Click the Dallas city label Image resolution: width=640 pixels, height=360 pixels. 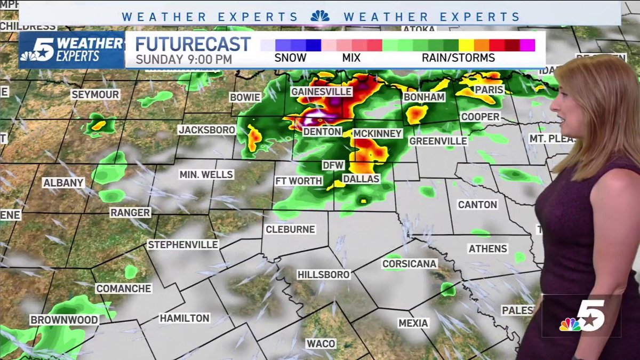click(x=361, y=179)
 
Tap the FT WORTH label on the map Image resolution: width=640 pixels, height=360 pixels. click(x=299, y=181)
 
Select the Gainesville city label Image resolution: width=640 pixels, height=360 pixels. click(x=322, y=92)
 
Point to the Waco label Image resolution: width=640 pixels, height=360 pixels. click(x=321, y=343)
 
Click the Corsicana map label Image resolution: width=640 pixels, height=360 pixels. click(x=410, y=263)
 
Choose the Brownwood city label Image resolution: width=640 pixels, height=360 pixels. click(x=64, y=320)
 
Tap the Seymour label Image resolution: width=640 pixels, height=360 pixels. click(x=95, y=94)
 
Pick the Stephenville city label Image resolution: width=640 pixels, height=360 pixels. click(x=183, y=244)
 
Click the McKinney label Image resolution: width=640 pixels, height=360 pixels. click(x=377, y=133)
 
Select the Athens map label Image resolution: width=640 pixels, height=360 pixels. click(x=488, y=249)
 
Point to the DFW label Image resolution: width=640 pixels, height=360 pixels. click(x=333, y=165)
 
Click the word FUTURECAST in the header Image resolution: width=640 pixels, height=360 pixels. click(x=193, y=44)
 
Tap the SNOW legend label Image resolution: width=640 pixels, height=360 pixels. click(x=291, y=58)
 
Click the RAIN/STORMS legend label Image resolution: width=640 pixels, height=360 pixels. click(x=459, y=58)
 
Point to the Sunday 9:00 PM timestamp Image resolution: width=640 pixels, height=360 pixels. click(x=184, y=59)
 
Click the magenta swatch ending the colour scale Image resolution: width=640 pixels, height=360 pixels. click(x=527, y=45)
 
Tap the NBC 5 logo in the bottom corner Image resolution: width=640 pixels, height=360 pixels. click(x=581, y=316)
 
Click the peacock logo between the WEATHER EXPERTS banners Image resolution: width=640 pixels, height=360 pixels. click(x=320, y=17)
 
